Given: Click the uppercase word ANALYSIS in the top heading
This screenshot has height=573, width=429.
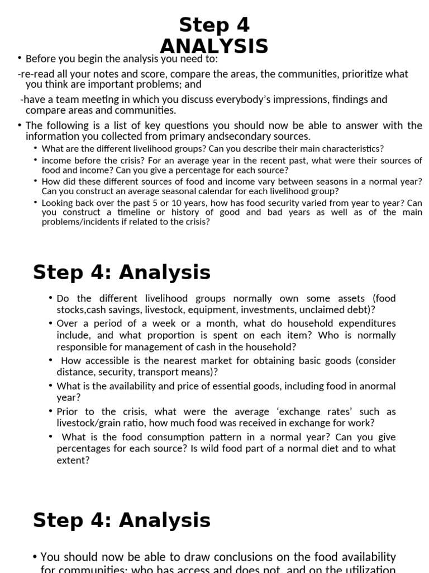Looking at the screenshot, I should tap(214, 45).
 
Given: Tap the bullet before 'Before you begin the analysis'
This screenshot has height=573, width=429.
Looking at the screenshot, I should tap(20, 58).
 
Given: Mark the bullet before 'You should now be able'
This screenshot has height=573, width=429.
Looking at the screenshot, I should tap(36, 557).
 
